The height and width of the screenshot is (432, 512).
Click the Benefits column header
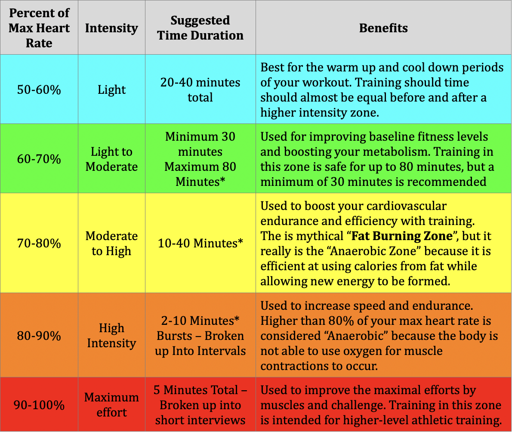coord(383,28)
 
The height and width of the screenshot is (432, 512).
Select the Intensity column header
coord(111,28)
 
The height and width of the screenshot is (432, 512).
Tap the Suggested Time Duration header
coord(200,28)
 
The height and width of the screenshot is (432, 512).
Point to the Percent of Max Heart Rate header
coord(39,28)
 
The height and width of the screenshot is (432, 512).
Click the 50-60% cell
coord(39,89)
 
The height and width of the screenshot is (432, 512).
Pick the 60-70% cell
coord(39,159)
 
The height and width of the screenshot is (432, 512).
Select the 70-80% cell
coord(39,243)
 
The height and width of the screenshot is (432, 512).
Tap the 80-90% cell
coord(39,336)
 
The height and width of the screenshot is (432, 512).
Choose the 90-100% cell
coord(39,405)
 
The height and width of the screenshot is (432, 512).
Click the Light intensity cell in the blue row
coord(111,89)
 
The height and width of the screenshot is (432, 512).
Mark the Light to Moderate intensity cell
coord(111,159)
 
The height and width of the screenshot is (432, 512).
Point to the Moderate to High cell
coord(111,243)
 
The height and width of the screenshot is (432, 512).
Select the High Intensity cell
coord(111,336)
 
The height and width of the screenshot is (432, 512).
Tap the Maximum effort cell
coord(111,405)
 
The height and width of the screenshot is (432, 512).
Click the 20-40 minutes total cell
coord(200,89)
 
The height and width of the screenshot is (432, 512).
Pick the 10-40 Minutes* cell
coord(200,243)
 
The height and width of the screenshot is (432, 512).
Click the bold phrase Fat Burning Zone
coord(402,236)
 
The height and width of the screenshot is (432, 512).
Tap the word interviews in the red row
coord(222,420)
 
